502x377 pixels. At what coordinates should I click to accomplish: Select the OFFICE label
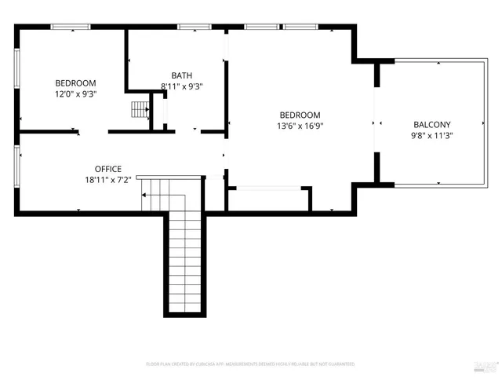pos(107,169)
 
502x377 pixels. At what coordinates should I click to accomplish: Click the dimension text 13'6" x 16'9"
pos(299,125)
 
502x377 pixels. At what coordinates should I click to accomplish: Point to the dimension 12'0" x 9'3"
pos(75,93)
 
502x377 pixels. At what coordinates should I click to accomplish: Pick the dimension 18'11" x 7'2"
pos(107,179)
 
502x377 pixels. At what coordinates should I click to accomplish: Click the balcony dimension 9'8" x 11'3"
pos(432,135)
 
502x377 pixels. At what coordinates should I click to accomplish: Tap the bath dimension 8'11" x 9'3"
pos(182,86)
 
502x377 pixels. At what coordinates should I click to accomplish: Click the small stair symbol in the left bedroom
pos(140,109)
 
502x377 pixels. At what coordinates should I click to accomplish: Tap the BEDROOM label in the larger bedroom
pos(299,115)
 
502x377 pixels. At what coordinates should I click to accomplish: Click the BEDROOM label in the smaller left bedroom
pos(75,83)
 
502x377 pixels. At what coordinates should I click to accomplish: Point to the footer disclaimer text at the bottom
pos(250,364)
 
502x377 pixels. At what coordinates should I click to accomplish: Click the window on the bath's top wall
pos(189,27)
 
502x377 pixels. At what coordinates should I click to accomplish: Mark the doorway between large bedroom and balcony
pos(376,123)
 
